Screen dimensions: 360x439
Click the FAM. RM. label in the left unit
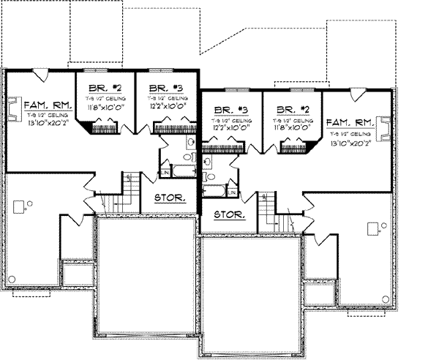click(45, 106)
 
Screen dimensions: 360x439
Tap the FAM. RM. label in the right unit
click(350, 123)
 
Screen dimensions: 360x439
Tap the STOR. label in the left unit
click(169, 198)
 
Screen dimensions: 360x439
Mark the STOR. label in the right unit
click(228, 216)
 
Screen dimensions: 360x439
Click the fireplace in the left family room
click(12, 111)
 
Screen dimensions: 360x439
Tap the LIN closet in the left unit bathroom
click(165, 172)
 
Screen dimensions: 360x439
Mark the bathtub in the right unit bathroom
click(214, 191)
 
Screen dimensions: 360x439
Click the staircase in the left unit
click(129, 192)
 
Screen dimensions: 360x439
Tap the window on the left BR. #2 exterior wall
click(102, 70)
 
